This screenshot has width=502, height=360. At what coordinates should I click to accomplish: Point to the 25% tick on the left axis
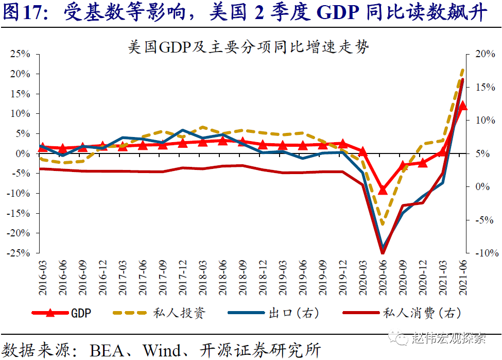point(20,54)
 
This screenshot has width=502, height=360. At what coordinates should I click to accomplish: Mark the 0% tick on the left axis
point(23,153)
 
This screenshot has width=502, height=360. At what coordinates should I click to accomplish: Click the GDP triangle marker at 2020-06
point(383,190)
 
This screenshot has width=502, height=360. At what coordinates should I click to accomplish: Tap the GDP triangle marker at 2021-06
point(462,106)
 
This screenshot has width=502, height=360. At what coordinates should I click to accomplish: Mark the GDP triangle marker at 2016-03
point(43,148)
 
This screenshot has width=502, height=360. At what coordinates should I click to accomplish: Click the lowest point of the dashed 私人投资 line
point(383,224)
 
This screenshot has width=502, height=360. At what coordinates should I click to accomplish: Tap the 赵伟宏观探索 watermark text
point(449,338)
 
